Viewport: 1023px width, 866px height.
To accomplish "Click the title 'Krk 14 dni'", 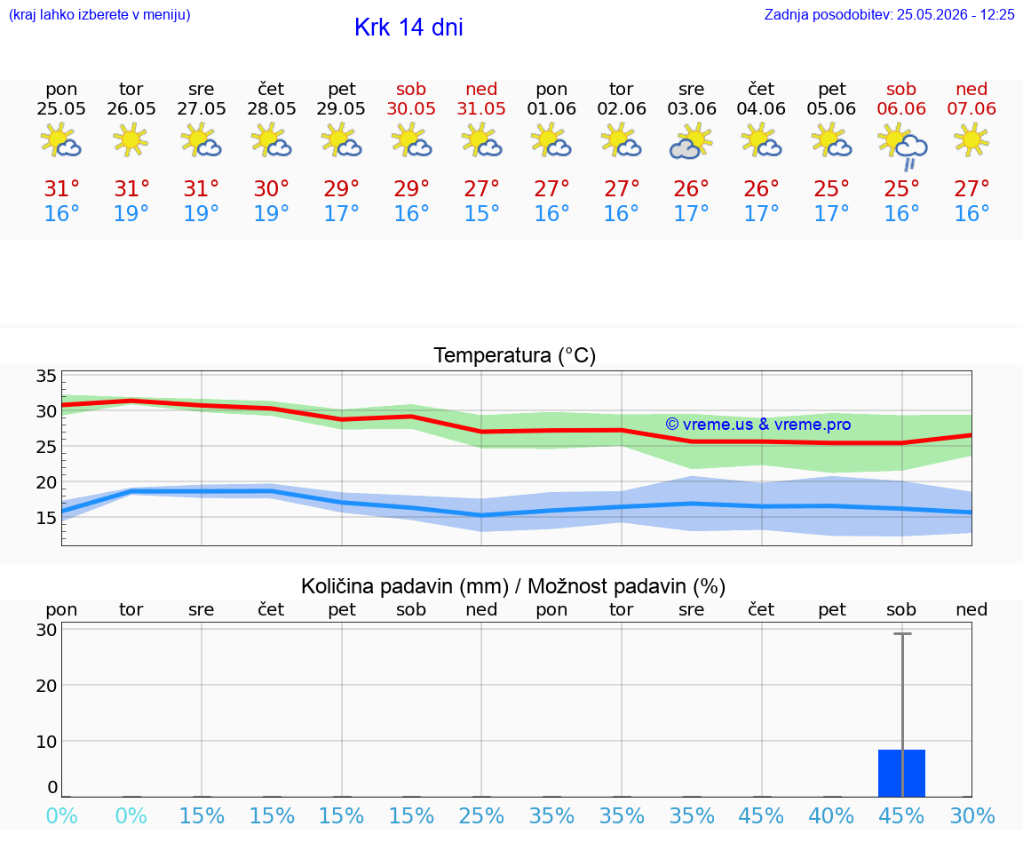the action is tap(408, 28).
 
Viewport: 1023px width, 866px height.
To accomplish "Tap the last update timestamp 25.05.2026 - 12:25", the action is tap(956, 14).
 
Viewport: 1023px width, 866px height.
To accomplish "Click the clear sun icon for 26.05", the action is tap(131, 139).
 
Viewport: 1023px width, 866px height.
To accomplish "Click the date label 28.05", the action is tap(272, 109).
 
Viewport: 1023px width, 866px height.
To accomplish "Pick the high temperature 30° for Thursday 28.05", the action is tap(272, 189).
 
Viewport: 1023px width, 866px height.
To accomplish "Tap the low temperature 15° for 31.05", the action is tap(481, 213).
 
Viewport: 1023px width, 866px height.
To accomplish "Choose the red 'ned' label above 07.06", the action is tap(971, 89).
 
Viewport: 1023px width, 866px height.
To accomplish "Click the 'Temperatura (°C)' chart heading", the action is tap(515, 355).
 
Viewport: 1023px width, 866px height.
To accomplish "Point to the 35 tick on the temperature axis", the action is tap(46, 376).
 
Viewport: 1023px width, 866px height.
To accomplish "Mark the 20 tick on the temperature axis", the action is tap(46, 482).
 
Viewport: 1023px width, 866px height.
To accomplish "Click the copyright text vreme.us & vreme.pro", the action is tap(758, 425).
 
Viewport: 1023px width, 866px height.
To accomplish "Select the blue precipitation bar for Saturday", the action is tap(901, 774).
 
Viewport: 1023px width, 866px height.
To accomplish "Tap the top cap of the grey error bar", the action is tap(902, 633).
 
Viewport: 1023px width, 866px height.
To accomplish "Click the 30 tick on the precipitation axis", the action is tap(46, 630).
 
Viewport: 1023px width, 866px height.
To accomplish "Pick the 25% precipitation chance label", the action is tap(481, 816).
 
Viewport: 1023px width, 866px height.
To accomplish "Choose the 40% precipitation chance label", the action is tap(831, 816).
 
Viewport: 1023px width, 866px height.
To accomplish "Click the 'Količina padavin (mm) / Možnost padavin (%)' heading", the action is tap(513, 587).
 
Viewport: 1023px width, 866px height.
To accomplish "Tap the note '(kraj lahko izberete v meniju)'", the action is tap(99, 15).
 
